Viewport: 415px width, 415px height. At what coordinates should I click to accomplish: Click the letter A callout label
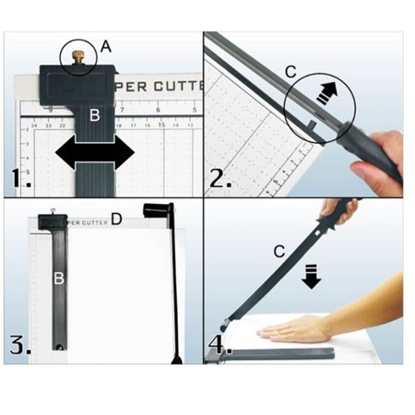pos(105,44)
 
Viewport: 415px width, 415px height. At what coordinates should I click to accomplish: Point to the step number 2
pos(219,177)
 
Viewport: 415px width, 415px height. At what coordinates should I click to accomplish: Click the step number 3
pos(19,347)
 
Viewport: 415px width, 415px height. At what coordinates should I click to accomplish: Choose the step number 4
pos(220,347)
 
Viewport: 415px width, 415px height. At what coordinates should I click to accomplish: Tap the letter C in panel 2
pos(290,70)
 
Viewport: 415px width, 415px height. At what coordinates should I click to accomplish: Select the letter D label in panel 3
pos(116,219)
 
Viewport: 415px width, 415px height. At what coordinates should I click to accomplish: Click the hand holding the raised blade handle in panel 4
pos(342,210)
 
